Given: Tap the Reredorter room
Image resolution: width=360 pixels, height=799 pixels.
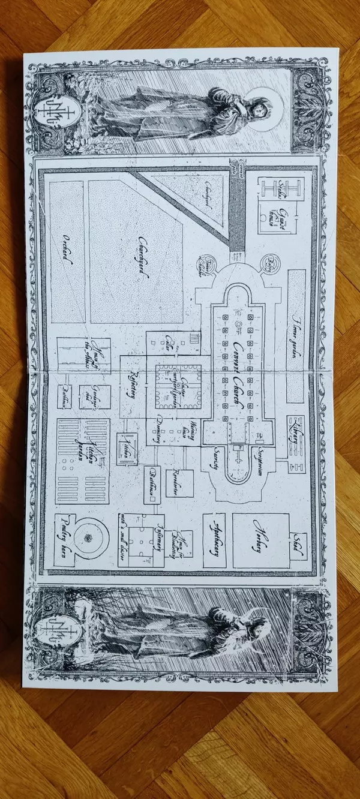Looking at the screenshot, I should (x=179, y=481).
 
